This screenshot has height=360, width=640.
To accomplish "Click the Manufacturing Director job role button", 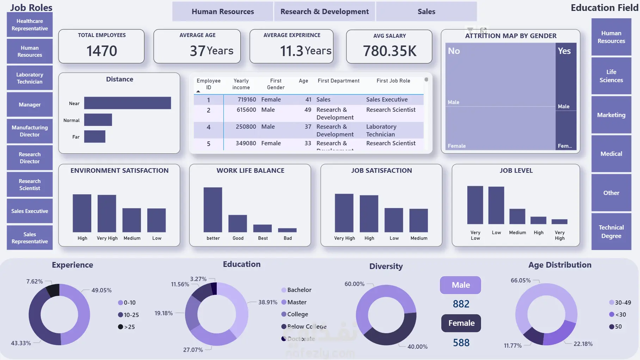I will pos(30,131).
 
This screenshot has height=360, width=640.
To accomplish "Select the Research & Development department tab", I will pos(324,12).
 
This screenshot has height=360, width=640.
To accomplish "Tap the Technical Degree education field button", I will pos(611,232).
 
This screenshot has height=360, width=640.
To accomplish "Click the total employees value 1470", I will pos(101,51).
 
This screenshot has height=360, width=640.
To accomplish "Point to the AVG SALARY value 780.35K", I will pos(389,51).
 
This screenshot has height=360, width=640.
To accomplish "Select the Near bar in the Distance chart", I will pos(127,103).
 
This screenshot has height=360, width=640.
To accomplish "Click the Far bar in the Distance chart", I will pos(94,136).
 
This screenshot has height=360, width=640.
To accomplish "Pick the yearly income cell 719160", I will pos(247,99).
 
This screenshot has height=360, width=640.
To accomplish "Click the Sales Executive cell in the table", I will pos(387,99).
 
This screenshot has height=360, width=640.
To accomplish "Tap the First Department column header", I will pos(338,81).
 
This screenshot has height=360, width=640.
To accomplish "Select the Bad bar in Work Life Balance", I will pos(287,230).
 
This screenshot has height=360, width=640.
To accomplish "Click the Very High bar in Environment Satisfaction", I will pos(107,213).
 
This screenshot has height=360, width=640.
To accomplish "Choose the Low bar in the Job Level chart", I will pos(496,205).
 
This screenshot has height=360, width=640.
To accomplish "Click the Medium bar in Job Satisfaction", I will pos(419,220).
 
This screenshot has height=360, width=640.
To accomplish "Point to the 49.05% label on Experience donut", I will pos(101,290).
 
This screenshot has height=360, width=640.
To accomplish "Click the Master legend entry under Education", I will pos(297,302).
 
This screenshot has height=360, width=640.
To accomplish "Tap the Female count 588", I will pos(461,343).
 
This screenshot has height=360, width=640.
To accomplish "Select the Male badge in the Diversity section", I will pos(461,285).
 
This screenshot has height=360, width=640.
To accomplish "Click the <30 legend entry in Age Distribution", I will pos(620,315).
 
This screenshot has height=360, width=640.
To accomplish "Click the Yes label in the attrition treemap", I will pos(564,51).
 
